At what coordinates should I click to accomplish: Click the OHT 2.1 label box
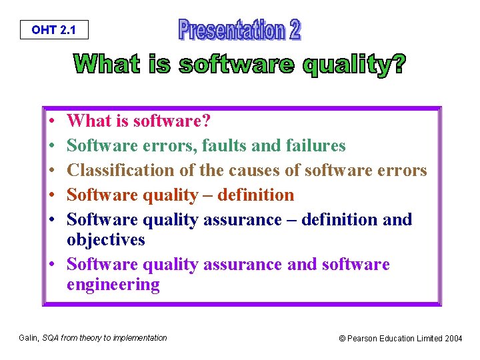click(54, 30)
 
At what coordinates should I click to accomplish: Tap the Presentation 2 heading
click(240, 29)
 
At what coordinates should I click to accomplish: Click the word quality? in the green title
click(355, 64)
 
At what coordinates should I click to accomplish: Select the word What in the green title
click(107, 63)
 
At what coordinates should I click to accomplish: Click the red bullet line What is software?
click(139, 120)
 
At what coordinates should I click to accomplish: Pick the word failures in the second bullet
click(315, 145)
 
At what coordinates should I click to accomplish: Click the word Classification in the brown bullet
click(121, 170)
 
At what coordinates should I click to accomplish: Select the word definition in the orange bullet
click(255, 195)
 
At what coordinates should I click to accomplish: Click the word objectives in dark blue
click(106, 240)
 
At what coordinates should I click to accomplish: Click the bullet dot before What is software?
click(52, 121)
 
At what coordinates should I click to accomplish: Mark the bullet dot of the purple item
click(52, 264)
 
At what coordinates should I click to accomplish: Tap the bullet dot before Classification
click(52, 170)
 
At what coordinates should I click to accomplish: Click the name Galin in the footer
click(29, 338)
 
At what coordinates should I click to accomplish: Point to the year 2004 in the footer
click(453, 338)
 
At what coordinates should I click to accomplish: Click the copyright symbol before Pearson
click(342, 339)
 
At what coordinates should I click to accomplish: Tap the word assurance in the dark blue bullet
click(243, 220)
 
